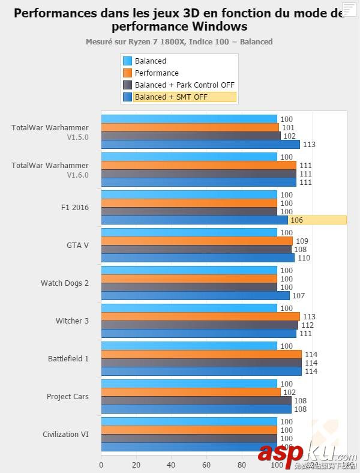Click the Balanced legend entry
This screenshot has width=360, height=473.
[x=150, y=61]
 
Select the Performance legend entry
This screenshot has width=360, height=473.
[x=157, y=73]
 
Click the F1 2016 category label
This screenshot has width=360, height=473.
[x=75, y=208]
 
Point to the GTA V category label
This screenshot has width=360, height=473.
[x=77, y=246]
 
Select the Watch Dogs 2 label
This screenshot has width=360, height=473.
[x=65, y=283]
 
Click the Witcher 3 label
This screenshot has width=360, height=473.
[x=72, y=321]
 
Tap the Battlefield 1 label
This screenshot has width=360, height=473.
[x=68, y=359]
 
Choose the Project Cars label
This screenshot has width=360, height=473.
[x=68, y=397]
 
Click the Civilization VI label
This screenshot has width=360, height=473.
[x=65, y=435]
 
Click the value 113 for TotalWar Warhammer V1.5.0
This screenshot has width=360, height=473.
[x=310, y=145]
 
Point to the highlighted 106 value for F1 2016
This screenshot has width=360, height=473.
[x=296, y=220]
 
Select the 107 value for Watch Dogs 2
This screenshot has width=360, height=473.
[x=299, y=296]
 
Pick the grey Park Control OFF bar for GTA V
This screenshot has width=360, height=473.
[x=196, y=249]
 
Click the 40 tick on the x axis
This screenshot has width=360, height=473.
[x=172, y=465]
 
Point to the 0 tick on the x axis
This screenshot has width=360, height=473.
[x=101, y=465]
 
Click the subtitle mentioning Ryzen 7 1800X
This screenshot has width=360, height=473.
[x=179, y=42]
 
